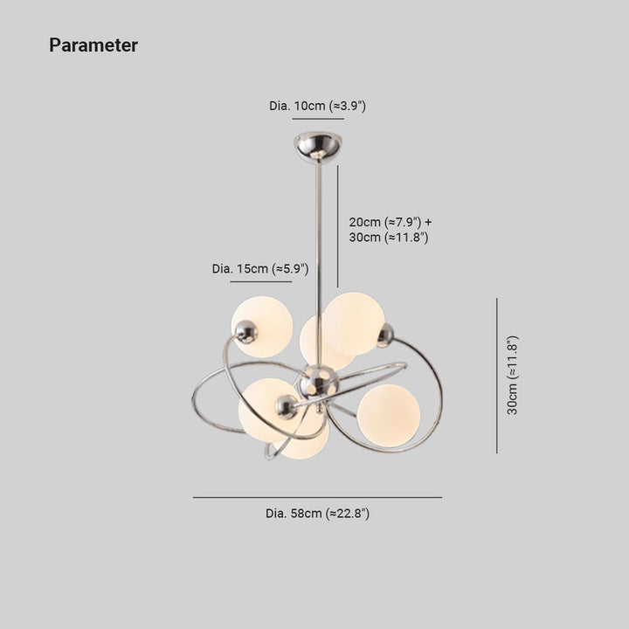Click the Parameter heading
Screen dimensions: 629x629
coord(93,45)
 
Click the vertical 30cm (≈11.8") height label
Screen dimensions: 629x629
coord(513,375)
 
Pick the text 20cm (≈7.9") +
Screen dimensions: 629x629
coord(391,222)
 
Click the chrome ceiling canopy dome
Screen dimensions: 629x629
coord(318,146)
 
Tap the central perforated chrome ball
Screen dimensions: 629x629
coord(320,384)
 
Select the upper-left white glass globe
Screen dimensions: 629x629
coord(262,327)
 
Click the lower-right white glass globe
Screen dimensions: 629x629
coord(389,416)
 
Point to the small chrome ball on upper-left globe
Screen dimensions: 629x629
coord(245,332)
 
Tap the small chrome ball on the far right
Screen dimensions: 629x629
coord(385,335)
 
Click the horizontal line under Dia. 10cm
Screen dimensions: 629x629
coord(318,119)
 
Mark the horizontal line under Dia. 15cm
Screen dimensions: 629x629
coord(261,281)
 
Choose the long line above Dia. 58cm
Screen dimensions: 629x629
coord(317,497)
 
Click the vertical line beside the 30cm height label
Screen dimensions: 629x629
coord(497,376)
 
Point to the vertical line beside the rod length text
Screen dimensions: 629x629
coord(338,226)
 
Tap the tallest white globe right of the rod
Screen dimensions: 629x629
coord(354,323)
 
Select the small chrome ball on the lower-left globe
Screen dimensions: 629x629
coord(287,407)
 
